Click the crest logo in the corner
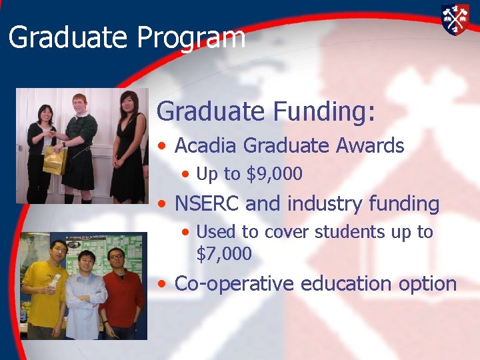point(455,19)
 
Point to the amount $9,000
point(275,175)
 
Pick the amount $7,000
point(224,254)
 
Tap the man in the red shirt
point(121,293)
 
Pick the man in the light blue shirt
point(85,297)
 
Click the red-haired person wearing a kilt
point(79,147)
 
